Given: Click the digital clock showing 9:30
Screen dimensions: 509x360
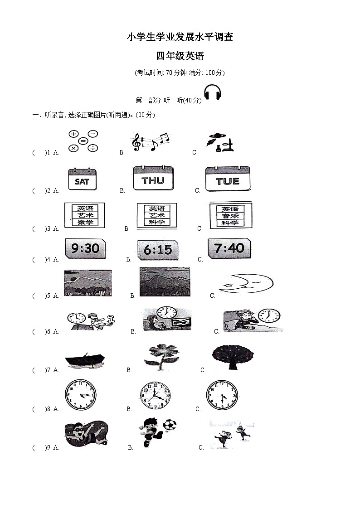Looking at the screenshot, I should [x=85, y=249].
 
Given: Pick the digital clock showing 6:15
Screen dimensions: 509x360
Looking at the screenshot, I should [x=158, y=250].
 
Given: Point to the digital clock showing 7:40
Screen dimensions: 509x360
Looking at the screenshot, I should [x=229, y=248].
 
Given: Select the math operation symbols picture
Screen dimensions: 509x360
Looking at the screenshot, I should [x=83, y=141].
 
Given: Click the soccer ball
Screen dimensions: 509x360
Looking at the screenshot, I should [x=170, y=425].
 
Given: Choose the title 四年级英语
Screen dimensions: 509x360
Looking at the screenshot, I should [x=180, y=56].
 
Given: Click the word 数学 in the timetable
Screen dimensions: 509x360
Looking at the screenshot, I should [x=85, y=223].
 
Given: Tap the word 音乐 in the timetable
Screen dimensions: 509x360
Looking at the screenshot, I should [x=230, y=216].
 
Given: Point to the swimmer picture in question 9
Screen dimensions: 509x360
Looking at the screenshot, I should [x=86, y=433].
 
